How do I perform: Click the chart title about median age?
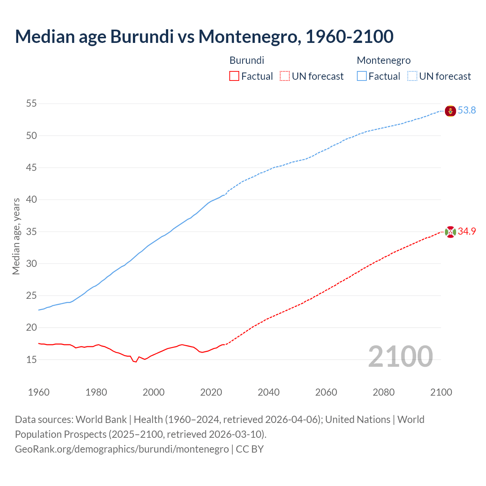(x=204, y=36)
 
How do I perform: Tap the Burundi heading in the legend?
(x=247, y=60)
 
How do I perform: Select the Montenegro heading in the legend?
(x=383, y=60)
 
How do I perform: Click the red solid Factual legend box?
(x=234, y=76)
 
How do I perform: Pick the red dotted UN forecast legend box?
(x=285, y=76)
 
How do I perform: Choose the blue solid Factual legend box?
(x=362, y=76)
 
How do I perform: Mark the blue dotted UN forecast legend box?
(x=412, y=76)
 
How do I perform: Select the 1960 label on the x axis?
(x=39, y=392)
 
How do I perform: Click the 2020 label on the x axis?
(x=211, y=392)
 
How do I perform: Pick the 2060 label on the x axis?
(x=326, y=392)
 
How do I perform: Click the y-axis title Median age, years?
(x=16, y=236)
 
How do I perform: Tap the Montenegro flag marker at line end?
(x=450, y=111)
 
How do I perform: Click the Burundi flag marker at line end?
(x=450, y=232)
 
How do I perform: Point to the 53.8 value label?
(x=467, y=110)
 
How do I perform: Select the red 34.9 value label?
(x=467, y=232)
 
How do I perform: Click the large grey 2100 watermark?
(x=400, y=356)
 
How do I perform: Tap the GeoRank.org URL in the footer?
(x=121, y=449)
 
